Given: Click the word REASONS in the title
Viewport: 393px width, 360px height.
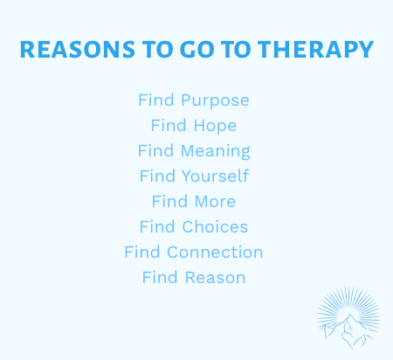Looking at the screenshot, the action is tap(78, 50).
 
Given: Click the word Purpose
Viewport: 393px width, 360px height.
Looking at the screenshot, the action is tap(215, 100).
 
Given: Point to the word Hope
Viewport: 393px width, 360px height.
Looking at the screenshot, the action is tap(215, 126).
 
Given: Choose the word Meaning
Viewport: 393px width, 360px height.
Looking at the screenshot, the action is tap(216, 151).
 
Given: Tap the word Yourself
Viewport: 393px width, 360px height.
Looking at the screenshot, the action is tap(216, 176).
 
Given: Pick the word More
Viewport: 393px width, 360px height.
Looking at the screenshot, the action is tap(215, 202).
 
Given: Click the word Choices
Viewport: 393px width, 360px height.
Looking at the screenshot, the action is tap(215, 226).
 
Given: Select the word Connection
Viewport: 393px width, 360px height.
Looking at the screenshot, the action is tap(215, 252).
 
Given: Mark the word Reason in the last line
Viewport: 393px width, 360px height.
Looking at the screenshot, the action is tap(216, 277).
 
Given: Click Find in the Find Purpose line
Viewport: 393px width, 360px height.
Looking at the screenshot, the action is tap(156, 100).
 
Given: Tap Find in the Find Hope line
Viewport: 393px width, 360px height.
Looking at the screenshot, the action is tap(169, 125).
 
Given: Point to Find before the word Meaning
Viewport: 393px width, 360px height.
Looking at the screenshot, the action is tap(155, 150).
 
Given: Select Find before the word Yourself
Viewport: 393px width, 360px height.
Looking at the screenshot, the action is tap(157, 176).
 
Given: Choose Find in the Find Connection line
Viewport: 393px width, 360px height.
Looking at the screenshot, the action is tap(142, 252).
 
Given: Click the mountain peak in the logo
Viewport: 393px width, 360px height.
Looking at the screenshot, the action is tap(349, 315).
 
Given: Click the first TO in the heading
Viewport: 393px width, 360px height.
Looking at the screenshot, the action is tap(157, 50).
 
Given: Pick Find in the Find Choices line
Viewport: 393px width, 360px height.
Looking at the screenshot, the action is tap(157, 226).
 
